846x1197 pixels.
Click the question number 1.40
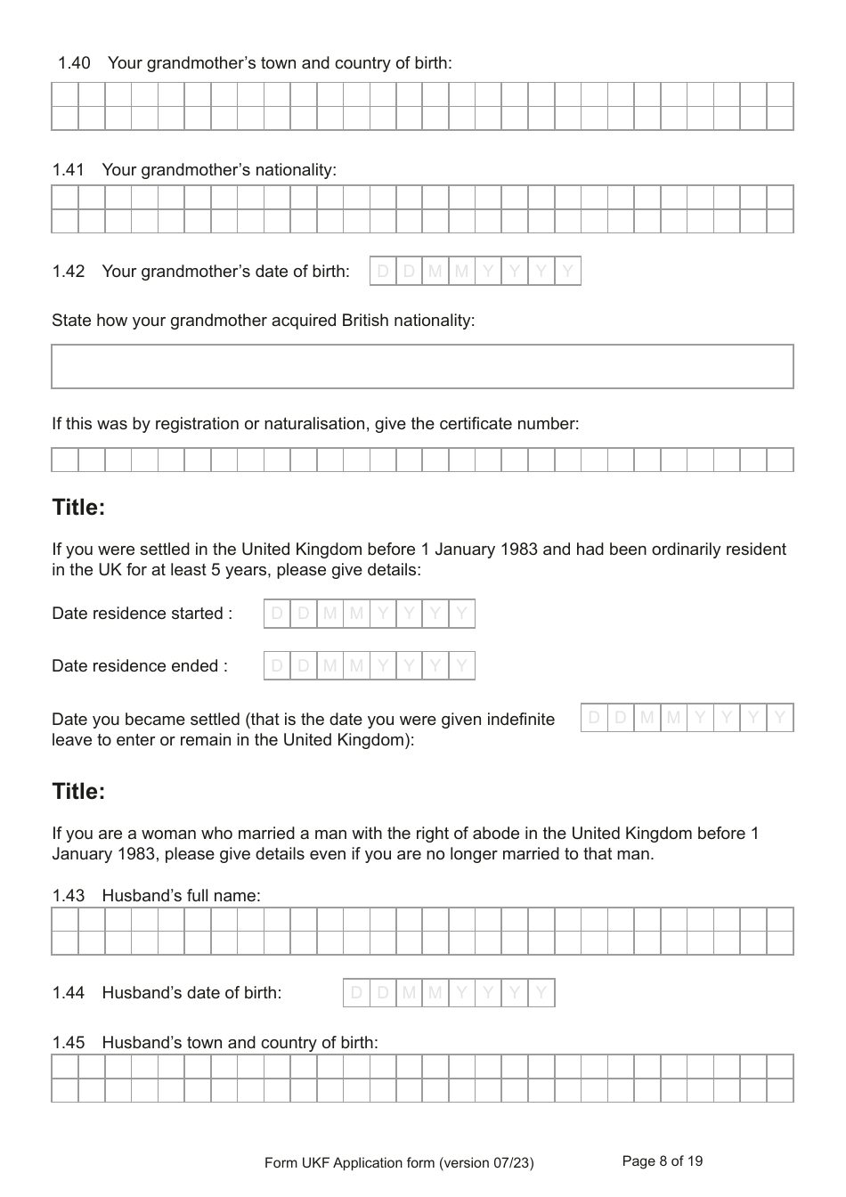[x=74, y=63]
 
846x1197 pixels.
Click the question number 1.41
[x=69, y=170]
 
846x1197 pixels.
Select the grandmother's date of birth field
[x=475, y=271]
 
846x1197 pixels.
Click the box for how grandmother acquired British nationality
[x=422, y=367]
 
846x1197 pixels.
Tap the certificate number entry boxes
[x=422, y=460]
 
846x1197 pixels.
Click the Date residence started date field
[x=369, y=614]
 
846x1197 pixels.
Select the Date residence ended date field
[x=369, y=666]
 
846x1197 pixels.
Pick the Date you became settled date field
[x=687, y=718]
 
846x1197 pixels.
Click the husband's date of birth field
[x=448, y=992]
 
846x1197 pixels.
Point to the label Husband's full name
[x=182, y=896]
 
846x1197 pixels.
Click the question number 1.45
[x=69, y=1043]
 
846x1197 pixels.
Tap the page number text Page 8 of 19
[x=662, y=1161]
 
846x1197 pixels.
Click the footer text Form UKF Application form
[x=399, y=1163]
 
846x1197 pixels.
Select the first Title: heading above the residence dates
[x=78, y=508]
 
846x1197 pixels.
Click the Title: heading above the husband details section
[x=78, y=792]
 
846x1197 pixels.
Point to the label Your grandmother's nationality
[x=219, y=170]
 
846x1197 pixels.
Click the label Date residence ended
[x=140, y=666]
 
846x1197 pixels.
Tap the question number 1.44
[x=69, y=993]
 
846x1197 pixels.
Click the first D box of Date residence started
[x=277, y=614]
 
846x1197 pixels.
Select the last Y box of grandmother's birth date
[x=567, y=271]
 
